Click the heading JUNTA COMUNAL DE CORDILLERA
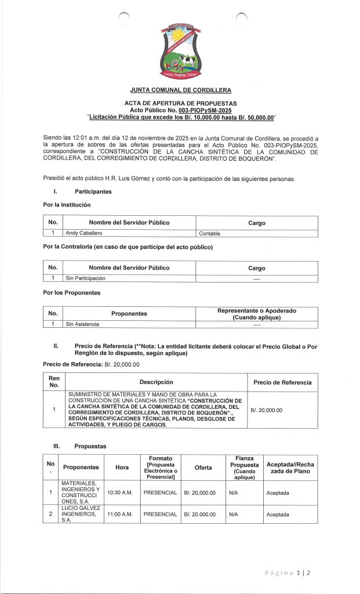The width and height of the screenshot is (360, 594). click(180, 90)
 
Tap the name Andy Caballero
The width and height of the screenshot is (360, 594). click(85, 233)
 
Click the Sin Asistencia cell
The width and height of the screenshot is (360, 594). click(82, 324)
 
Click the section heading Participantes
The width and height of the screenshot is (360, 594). click(93, 191)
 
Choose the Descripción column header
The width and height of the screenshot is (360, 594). click(156, 382)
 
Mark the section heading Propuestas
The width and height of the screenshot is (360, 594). click(90, 446)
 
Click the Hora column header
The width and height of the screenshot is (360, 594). click(122, 467)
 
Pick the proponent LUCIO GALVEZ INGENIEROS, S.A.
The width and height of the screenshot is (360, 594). click(81, 514)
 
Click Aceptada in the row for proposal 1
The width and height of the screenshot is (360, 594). click(277, 492)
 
